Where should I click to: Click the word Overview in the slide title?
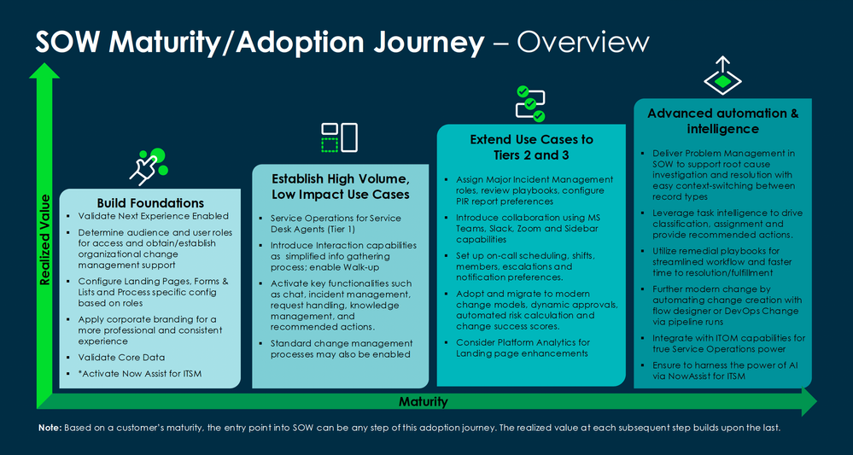pyautogui.click(x=584, y=42)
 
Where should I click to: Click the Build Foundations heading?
pyautogui.click(x=150, y=203)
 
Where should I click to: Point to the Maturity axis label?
pyautogui.click(x=424, y=401)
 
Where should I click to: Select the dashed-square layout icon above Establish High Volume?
pyautogui.click(x=338, y=137)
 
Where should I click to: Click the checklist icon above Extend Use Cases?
pyautogui.click(x=529, y=102)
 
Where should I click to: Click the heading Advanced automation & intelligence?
pyautogui.click(x=722, y=121)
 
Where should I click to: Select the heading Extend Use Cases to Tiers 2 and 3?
pyautogui.click(x=531, y=146)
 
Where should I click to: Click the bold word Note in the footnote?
pyautogui.click(x=50, y=427)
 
